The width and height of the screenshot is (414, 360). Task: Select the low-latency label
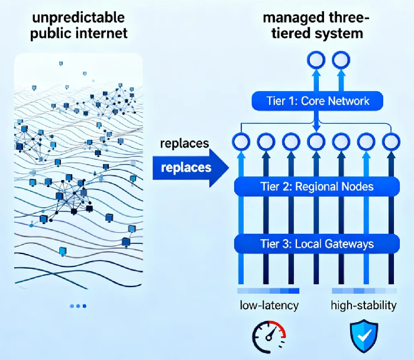tap(269, 306)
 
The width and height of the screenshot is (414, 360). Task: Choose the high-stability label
tap(363, 306)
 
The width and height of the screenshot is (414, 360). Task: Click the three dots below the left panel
tap(78, 306)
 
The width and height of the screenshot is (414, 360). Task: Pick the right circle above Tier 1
tap(342, 59)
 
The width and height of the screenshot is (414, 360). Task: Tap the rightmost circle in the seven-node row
tap(390, 142)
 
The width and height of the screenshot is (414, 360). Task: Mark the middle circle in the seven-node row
tap(316, 142)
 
